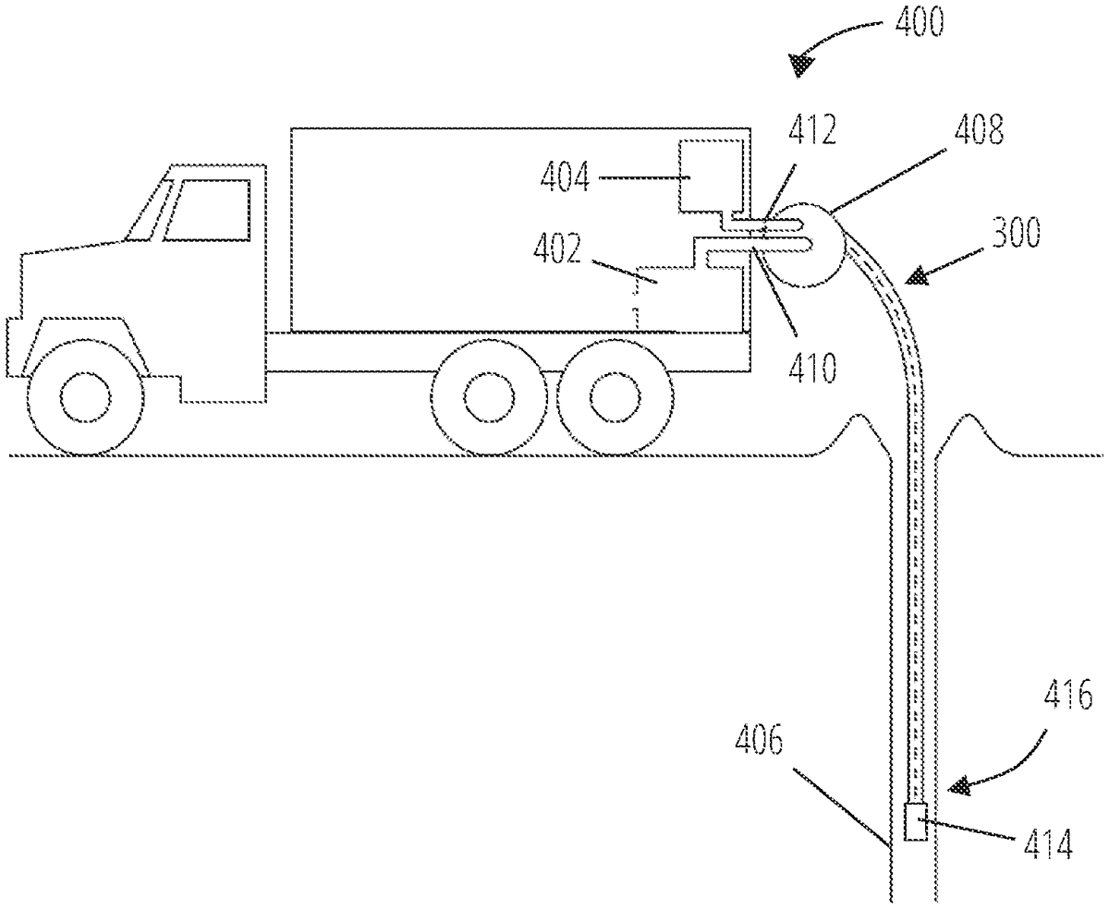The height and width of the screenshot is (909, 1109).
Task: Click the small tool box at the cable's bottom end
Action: coord(914,822)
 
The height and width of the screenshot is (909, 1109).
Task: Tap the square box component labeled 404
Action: coord(713,176)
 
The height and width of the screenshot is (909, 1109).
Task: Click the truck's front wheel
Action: coord(85,396)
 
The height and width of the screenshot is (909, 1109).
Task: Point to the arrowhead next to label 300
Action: coord(918,276)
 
